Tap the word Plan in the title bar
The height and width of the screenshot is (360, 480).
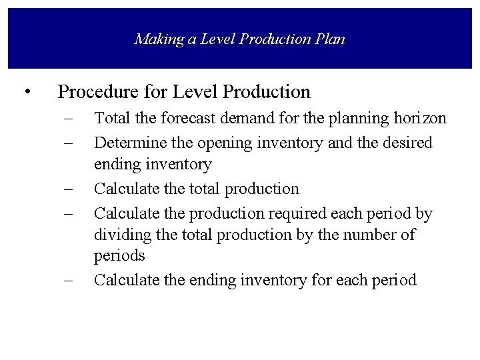tap(329, 39)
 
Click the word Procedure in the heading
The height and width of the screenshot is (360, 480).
tap(99, 91)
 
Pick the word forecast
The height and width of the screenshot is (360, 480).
tap(174, 119)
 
